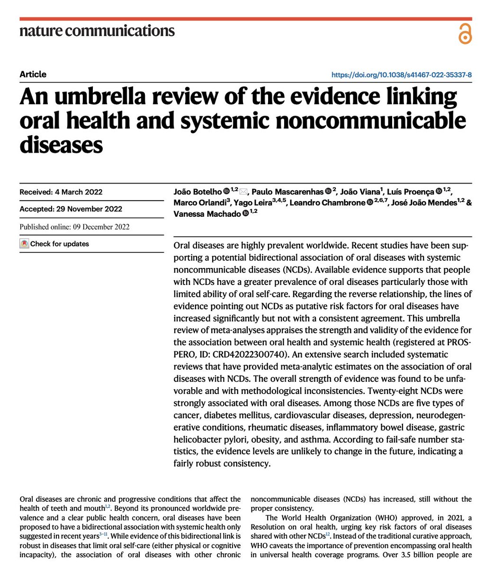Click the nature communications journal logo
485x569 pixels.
(x=97, y=31)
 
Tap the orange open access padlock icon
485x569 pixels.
(x=465, y=34)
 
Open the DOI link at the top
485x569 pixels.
(x=401, y=75)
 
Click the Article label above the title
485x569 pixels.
(x=33, y=74)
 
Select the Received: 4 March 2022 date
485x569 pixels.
(x=61, y=192)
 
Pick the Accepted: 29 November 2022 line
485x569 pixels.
(x=71, y=209)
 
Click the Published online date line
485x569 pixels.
(x=74, y=227)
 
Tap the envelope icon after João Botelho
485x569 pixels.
(x=244, y=192)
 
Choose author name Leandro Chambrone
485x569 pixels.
(x=327, y=203)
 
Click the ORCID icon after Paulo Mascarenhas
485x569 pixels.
(x=329, y=192)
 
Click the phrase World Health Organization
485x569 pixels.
(x=331, y=518)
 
